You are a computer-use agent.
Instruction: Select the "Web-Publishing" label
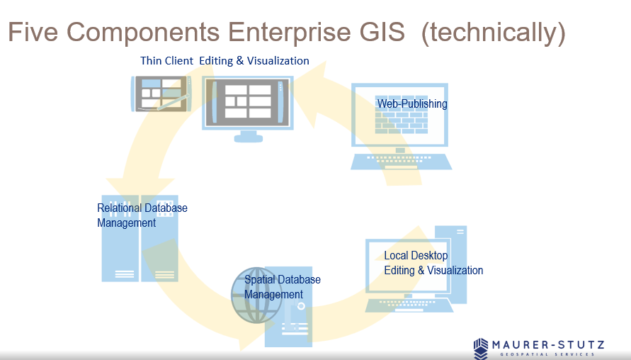click(x=411, y=104)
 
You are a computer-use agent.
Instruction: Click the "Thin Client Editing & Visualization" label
click(x=224, y=61)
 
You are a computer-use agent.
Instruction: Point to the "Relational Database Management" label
click(x=142, y=215)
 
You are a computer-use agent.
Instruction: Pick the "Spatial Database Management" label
click(x=282, y=287)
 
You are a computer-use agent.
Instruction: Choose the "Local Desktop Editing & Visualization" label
click(x=433, y=263)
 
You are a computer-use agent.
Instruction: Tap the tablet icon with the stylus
click(x=162, y=94)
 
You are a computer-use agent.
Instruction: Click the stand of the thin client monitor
click(x=248, y=135)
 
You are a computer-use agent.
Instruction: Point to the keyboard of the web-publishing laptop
click(x=401, y=161)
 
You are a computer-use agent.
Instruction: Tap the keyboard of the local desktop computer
click(x=409, y=304)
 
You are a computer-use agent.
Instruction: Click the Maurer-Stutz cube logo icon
click(x=482, y=348)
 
